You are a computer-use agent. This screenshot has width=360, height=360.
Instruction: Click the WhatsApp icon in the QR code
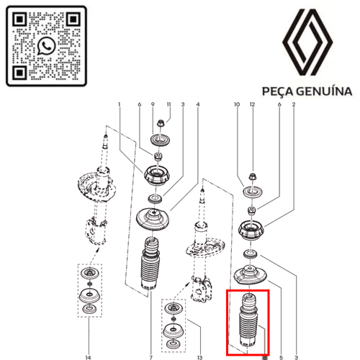[x=47, y=46]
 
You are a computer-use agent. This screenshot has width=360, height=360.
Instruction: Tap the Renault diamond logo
[x=307, y=42]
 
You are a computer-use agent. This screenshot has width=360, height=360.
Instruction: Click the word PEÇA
[x=278, y=92]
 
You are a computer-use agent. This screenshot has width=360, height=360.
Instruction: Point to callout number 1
[x=119, y=104]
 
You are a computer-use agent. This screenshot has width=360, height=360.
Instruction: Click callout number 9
[x=153, y=104]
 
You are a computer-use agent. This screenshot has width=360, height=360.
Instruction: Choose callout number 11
[x=168, y=104]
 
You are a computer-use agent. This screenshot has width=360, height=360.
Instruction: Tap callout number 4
[x=198, y=104]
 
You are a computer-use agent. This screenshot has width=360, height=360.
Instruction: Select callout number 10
[x=237, y=104]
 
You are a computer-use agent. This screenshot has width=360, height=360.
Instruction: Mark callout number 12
[x=252, y=104]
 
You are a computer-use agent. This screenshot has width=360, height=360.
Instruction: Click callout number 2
[x=294, y=104]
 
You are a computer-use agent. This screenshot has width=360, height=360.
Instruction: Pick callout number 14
[x=88, y=357]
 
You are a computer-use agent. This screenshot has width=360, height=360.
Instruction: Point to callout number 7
[x=150, y=357]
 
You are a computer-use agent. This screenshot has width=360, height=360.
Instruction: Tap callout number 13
[x=199, y=357]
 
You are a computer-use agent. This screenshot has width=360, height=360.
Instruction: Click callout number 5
[x=281, y=357]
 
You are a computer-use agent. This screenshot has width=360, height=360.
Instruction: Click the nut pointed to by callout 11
[x=160, y=124]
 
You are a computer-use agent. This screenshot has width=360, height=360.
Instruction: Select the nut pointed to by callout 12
[x=252, y=177]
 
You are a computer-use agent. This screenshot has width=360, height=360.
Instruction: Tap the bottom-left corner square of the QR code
[x=19, y=72]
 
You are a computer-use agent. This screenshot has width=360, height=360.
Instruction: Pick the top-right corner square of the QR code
[x=73, y=19]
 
